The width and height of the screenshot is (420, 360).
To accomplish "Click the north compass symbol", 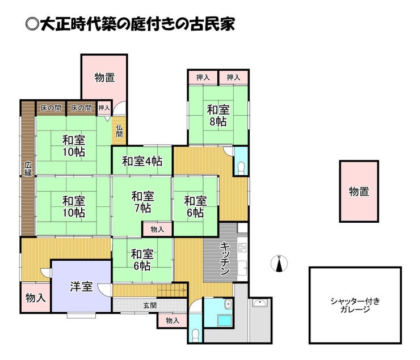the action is (279, 264).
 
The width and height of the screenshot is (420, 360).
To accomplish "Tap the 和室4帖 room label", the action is (142, 161).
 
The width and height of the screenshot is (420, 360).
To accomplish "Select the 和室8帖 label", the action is (218, 116).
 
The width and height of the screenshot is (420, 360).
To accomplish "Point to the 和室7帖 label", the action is (142, 202).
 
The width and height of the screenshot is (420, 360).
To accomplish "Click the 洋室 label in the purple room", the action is (81, 286).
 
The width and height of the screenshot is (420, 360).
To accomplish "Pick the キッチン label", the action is (224, 259).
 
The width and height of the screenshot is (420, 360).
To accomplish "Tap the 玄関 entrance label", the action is (150, 305).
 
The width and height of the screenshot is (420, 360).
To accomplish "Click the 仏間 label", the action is (119, 131).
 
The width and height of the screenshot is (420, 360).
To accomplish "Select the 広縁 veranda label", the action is (28, 169).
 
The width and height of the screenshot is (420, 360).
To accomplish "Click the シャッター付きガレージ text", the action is (355, 305).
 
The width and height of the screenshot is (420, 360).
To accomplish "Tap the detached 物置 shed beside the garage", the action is (359, 191).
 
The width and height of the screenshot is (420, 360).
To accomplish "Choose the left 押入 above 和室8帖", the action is (203, 78).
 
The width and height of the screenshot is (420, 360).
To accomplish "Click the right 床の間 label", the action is (81, 108).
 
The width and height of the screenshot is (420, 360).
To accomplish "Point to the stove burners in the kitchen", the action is (242, 247).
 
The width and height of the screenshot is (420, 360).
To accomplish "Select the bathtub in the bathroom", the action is (225, 321).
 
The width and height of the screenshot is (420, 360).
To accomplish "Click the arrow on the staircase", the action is (172, 290).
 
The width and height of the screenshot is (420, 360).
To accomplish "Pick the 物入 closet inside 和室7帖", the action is (157, 229).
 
